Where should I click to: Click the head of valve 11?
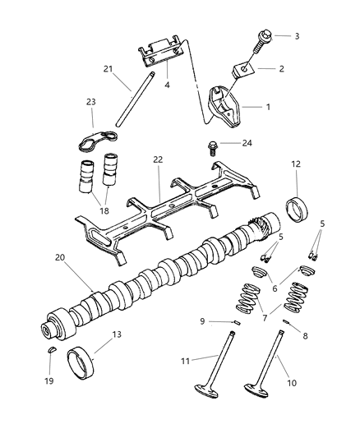[x=199, y=413]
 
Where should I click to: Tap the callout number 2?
[x=281, y=69]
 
